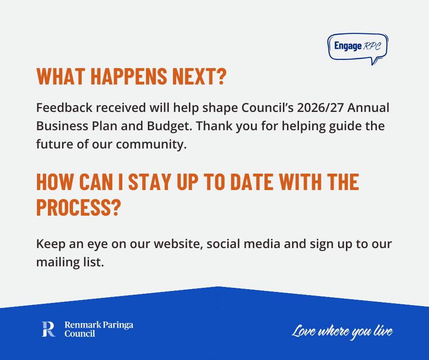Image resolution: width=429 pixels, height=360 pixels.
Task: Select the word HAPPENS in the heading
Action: pyautogui.click(x=129, y=76)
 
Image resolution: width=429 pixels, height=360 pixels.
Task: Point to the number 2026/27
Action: pyautogui.click(x=320, y=108)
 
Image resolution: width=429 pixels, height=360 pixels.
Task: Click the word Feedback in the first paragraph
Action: pyautogui.click(x=64, y=108)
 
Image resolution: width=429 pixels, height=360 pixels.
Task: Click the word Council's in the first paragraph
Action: pyautogui.click(x=267, y=108)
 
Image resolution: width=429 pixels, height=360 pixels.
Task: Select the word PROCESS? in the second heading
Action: pyautogui.click(x=78, y=207)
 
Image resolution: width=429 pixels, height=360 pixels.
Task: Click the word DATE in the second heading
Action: pyautogui.click(x=252, y=182)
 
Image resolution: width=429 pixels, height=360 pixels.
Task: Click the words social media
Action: pyautogui.click(x=243, y=244)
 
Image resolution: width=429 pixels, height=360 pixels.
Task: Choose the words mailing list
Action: pyautogui.click(x=70, y=262)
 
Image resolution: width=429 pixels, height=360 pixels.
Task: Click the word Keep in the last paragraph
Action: pyautogui.click(x=51, y=244)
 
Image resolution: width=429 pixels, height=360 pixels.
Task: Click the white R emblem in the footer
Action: pyautogui.click(x=48, y=329)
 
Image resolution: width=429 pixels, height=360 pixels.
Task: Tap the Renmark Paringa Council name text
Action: pyautogui.click(x=99, y=329)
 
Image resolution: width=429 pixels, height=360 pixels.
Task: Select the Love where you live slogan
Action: pyautogui.click(x=342, y=332)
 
